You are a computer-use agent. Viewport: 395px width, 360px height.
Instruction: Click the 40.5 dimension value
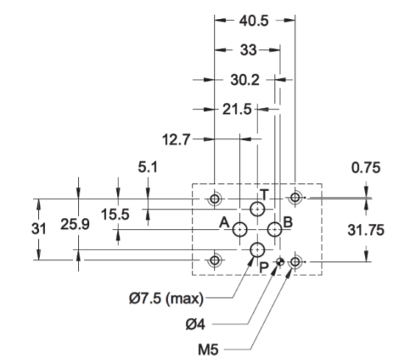click(254, 21)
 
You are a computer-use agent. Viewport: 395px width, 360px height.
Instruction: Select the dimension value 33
click(248, 50)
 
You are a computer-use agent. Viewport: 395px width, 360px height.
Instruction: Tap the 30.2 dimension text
click(245, 80)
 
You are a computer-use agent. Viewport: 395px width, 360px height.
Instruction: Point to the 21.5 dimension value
click(237, 110)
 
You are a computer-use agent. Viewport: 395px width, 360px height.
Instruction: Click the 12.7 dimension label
click(176, 139)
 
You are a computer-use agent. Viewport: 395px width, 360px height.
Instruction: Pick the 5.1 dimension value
click(148, 167)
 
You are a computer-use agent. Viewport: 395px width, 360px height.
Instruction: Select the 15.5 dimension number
click(115, 214)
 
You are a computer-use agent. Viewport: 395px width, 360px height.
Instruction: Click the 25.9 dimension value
click(75, 224)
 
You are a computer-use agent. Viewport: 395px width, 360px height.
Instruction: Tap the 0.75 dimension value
click(366, 168)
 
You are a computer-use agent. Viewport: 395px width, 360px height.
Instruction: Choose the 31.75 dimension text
click(366, 230)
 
